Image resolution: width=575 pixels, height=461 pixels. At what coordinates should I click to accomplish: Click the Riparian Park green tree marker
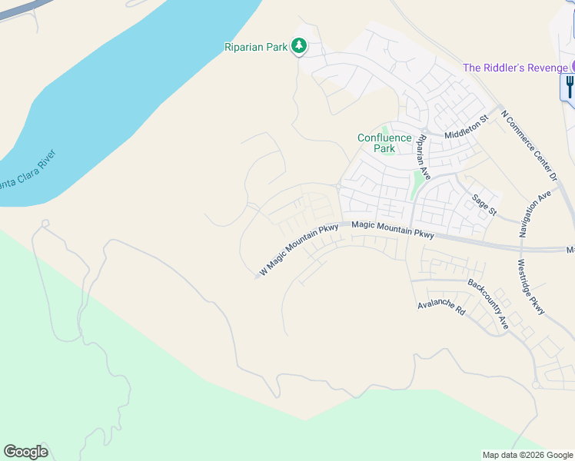[x=299, y=48]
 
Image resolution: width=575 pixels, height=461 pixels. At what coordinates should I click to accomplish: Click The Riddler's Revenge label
[x=515, y=68]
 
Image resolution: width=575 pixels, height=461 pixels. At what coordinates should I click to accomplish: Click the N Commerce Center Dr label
[x=528, y=145]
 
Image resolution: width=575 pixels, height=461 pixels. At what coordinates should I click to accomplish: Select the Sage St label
[x=485, y=203]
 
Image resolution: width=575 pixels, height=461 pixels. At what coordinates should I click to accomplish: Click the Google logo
[x=25, y=452]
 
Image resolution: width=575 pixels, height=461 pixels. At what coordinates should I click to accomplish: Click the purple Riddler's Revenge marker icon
[x=572, y=67]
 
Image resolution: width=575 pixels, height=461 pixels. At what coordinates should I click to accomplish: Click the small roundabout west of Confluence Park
[x=338, y=186]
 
